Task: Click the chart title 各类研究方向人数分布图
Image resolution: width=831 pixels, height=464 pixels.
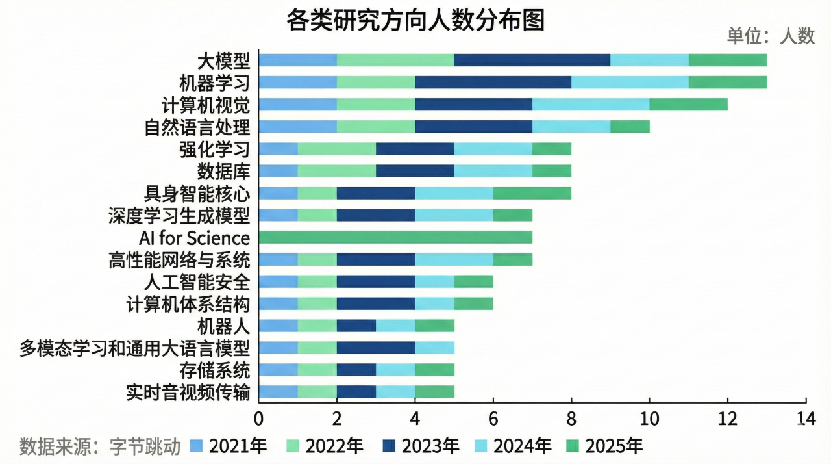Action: coord(415,21)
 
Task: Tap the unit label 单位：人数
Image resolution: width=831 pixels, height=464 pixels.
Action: coord(771,36)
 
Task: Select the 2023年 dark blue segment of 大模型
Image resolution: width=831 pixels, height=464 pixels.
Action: coord(532,60)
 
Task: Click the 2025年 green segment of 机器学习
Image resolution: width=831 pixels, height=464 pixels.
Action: coord(727,83)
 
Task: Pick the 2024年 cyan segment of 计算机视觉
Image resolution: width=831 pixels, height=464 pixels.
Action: coord(590,105)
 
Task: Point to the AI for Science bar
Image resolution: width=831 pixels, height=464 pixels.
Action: coord(395,237)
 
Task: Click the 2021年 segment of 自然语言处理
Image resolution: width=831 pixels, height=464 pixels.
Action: coord(297,127)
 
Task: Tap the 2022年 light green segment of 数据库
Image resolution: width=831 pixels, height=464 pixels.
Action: coord(336,171)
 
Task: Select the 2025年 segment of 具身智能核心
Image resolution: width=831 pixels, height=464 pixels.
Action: coord(532,193)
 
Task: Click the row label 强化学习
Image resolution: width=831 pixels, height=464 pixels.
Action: coord(214,149)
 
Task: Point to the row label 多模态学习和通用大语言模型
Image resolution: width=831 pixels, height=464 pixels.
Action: coord(134,348)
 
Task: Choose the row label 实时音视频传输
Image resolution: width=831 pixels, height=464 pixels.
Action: coord(188,393)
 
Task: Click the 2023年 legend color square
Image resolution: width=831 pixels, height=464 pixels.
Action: coord(390,446)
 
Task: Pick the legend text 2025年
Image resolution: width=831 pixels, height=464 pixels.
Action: coord(614,446)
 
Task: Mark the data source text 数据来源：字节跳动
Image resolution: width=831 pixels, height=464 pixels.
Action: coord(100,446)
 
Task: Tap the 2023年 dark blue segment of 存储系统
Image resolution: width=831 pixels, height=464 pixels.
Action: coord(356,370)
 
